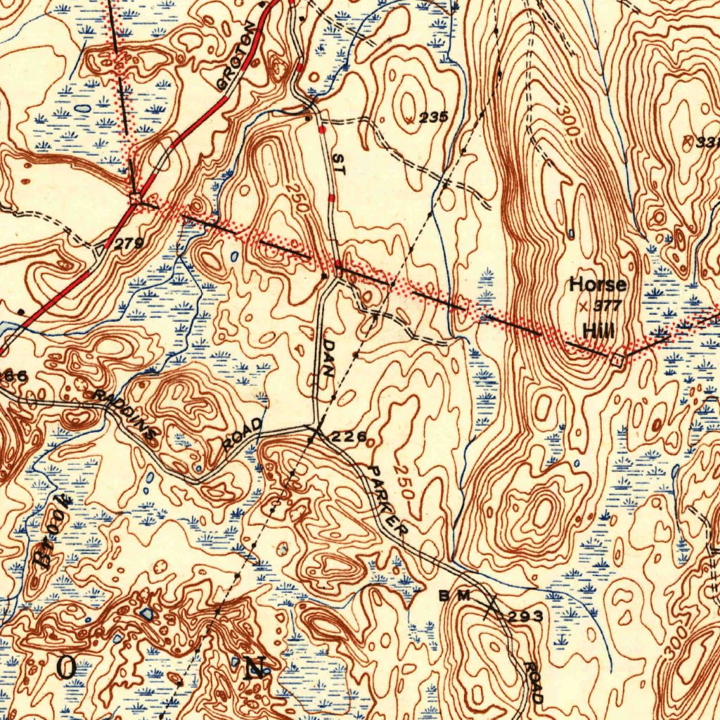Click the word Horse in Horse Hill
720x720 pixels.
pos(597,285)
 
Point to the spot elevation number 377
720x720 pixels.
pos(603,306)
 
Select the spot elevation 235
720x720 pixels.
pos(433,117)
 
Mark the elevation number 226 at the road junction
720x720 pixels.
pos(349,437)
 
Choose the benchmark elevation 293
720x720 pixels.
pos(526,617)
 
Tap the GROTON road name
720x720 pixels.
pos(236,56)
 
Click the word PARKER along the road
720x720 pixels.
pos(387,501)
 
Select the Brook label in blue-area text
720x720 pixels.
pos(53,531)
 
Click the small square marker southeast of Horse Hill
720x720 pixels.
pos(617,360)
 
